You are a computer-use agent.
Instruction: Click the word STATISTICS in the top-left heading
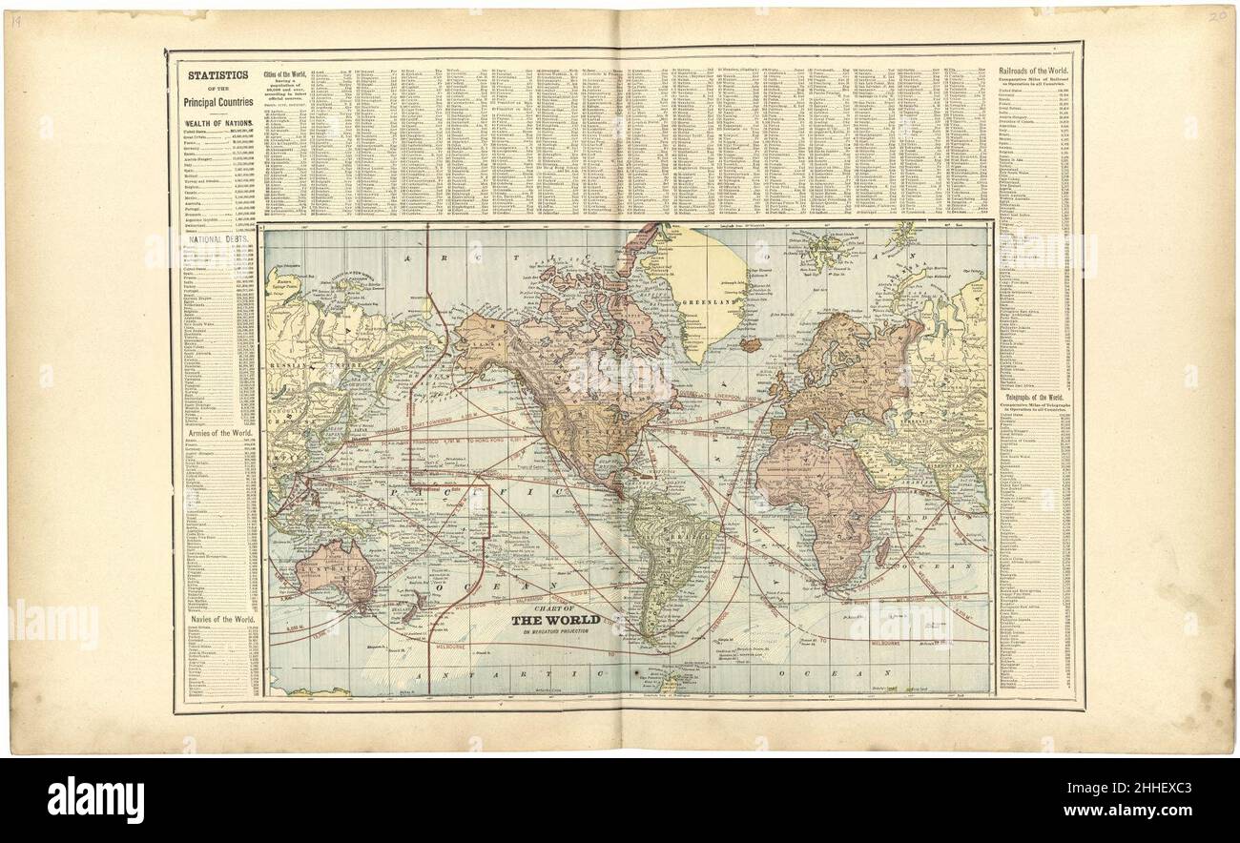coord(218,74)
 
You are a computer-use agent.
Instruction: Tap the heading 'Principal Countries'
coord(218,102)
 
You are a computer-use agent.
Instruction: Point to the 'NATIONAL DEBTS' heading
coord(218,239)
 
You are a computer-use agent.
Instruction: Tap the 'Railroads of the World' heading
coord(1034,72)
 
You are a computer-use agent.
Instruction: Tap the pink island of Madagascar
coord(882,551)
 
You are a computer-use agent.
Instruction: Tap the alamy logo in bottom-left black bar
coord(95,799)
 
